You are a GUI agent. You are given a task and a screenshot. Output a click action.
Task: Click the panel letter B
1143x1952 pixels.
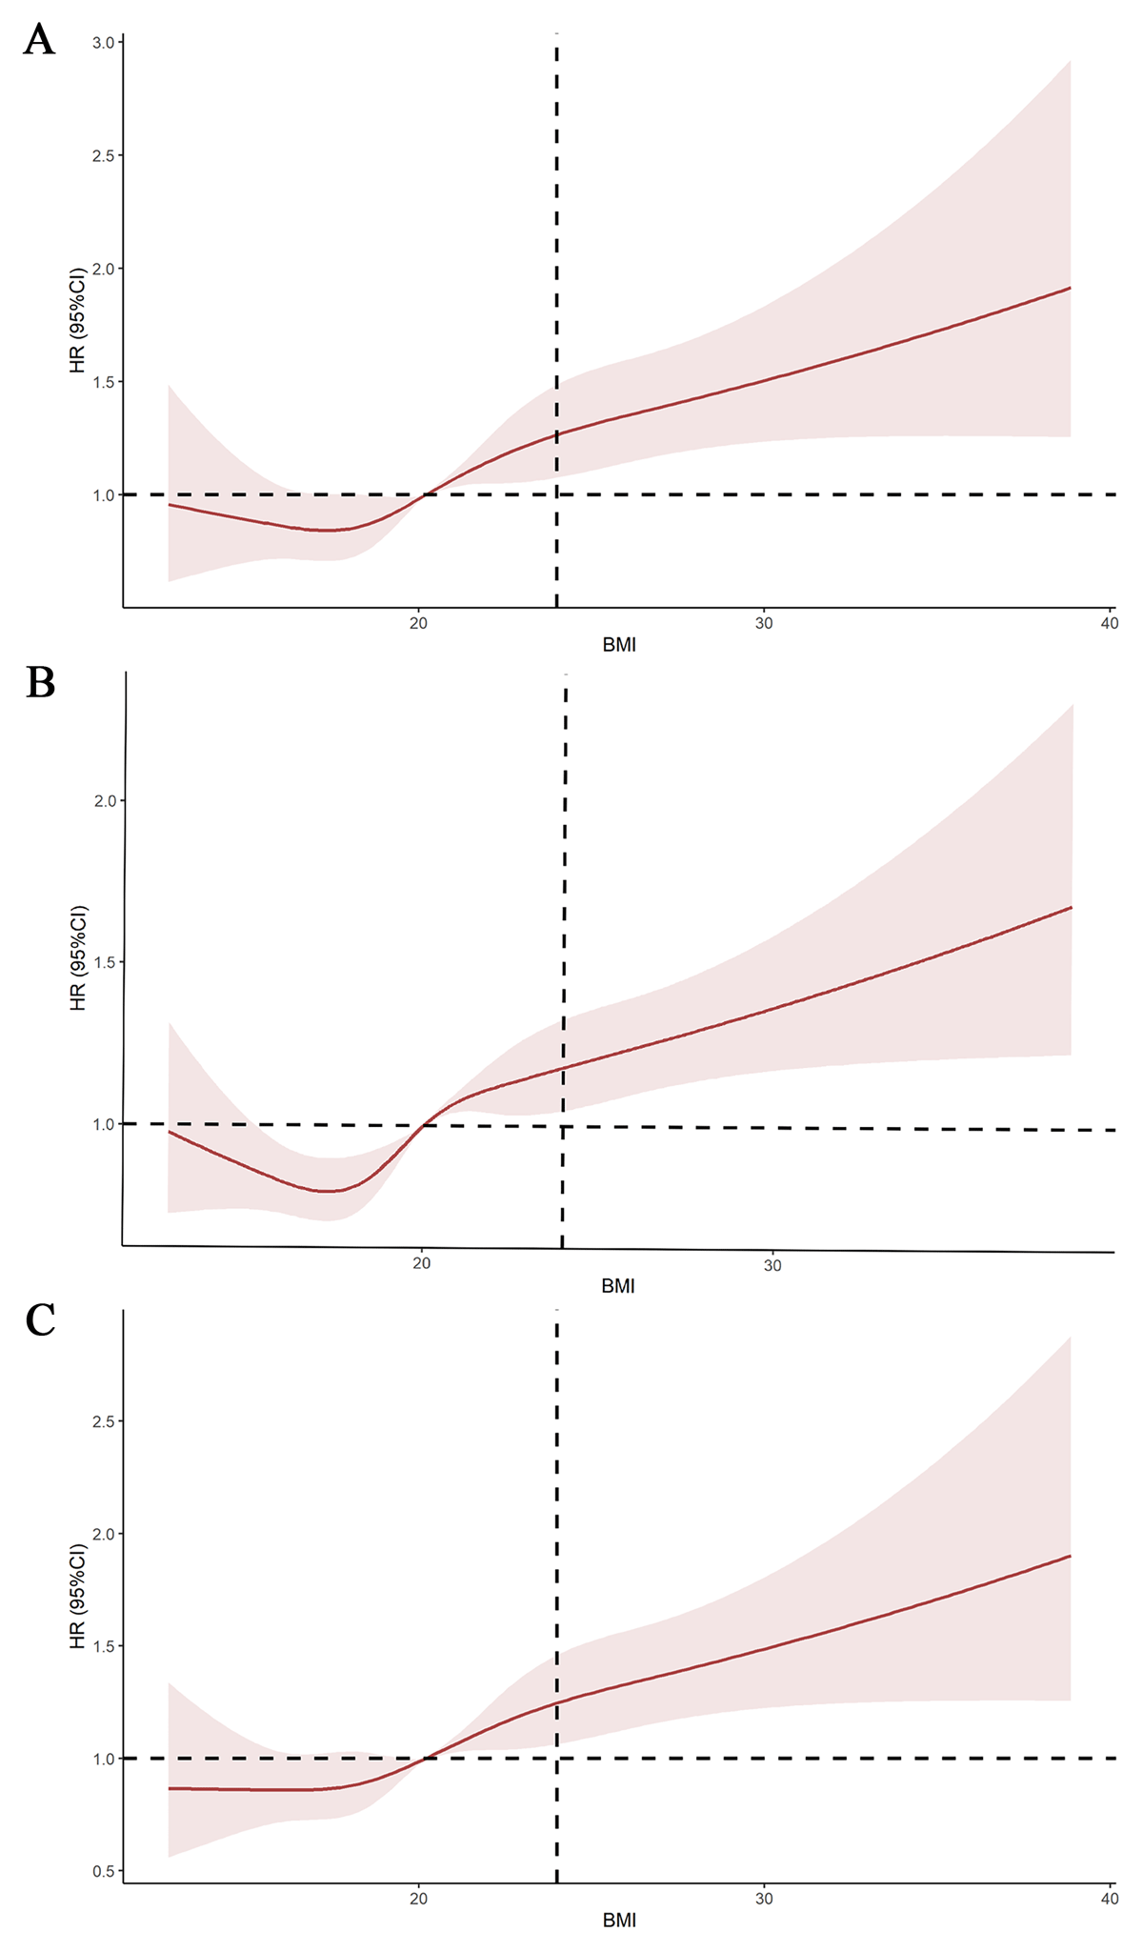pos(40,683)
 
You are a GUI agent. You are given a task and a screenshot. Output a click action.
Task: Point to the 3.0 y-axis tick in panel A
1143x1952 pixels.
pos(105,43)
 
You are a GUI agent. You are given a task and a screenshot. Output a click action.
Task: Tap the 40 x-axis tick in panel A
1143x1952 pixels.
pos(1108,622)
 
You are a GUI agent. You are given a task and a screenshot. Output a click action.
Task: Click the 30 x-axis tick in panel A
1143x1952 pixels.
pos(763,622)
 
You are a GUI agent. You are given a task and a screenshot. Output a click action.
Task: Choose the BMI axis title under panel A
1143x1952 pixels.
pos(619,646)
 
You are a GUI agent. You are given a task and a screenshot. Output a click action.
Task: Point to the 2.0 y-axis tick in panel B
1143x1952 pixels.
pos(105,800)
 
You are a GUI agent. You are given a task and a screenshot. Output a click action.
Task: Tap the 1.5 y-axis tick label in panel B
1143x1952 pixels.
pos(105,962)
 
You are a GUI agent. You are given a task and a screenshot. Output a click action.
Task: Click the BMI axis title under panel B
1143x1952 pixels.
pos(618,1287)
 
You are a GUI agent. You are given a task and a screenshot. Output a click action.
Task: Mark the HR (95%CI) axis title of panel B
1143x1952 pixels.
pos(78,957)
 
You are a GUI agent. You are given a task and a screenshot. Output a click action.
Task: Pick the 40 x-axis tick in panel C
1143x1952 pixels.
pos(1108,1896)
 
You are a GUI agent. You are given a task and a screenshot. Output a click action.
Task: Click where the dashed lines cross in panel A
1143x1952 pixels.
pos(556,494)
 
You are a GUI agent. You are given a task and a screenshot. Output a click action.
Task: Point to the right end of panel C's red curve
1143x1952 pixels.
pos(1071,1557)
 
